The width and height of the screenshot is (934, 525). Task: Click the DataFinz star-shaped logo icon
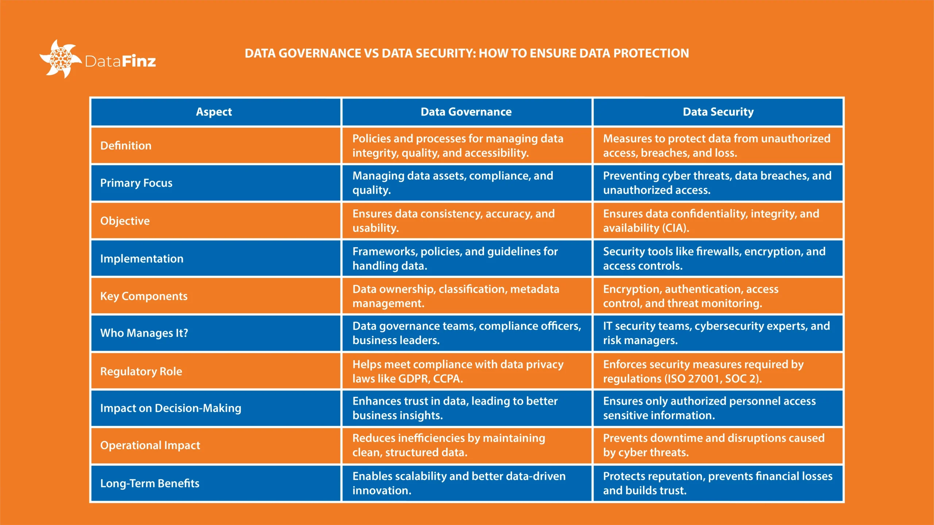click(60, 59)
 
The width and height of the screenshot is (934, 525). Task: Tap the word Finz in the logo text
click(139, 61)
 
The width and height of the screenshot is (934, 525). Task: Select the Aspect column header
click(214, 112)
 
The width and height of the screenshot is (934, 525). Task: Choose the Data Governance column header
click(466, 112)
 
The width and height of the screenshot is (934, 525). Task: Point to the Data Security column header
click(718, 112)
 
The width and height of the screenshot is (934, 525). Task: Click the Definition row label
click(126, 145)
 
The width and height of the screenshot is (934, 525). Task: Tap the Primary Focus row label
click(136, 183)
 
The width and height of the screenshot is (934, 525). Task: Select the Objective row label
click(125, 221)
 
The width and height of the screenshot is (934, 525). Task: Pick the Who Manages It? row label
click(144, 333)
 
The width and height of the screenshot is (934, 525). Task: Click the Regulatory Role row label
click(141, 371)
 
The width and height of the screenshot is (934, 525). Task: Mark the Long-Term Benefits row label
click(150, 483)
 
